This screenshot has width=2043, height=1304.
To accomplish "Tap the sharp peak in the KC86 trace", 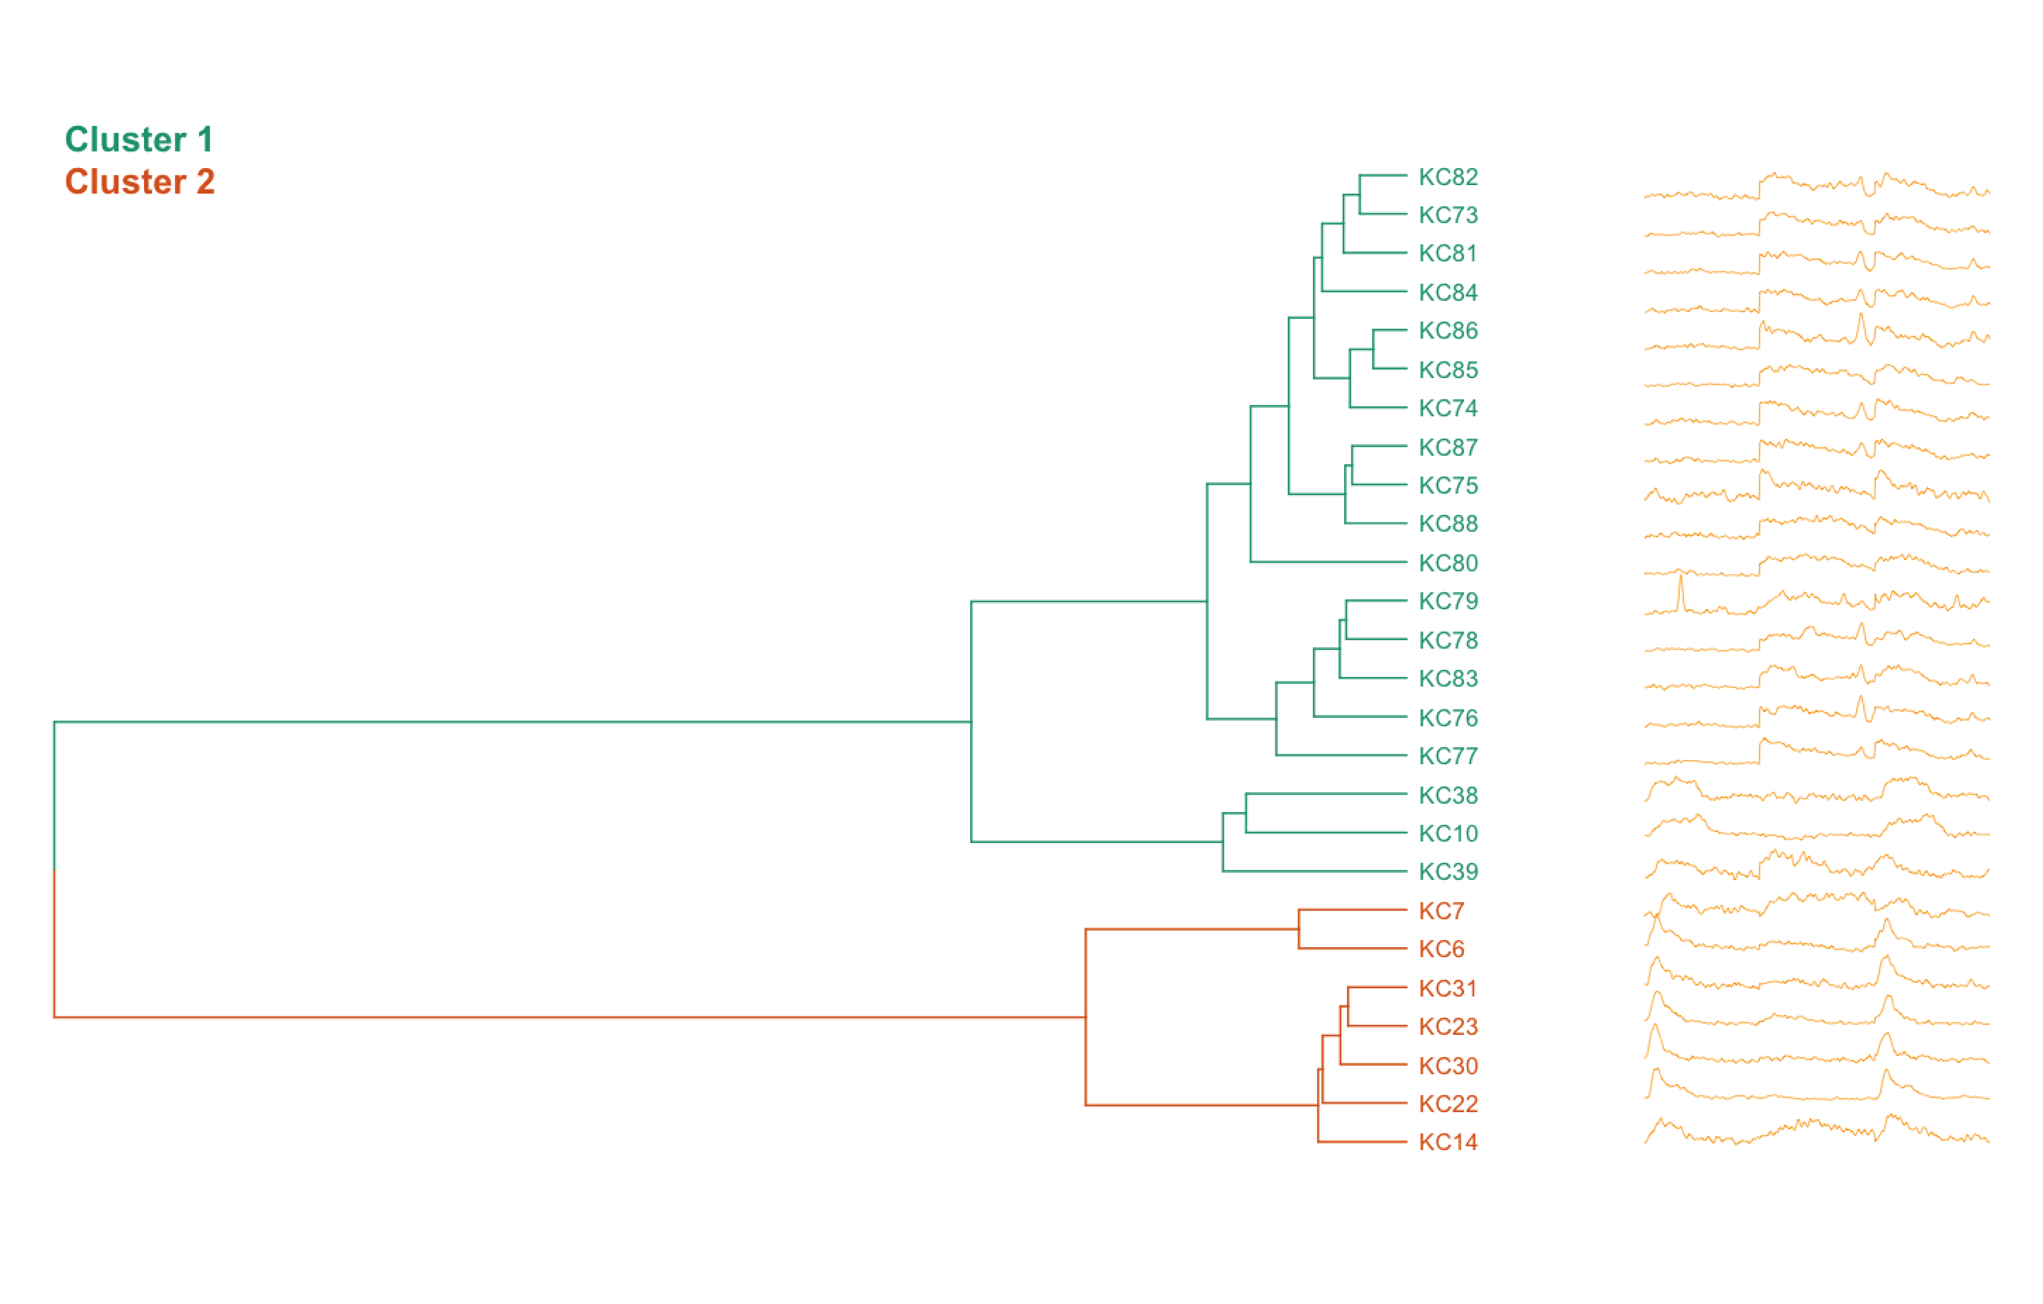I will (x=1861, y=318).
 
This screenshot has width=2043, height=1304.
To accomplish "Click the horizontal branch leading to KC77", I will (x=1341, y=755).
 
